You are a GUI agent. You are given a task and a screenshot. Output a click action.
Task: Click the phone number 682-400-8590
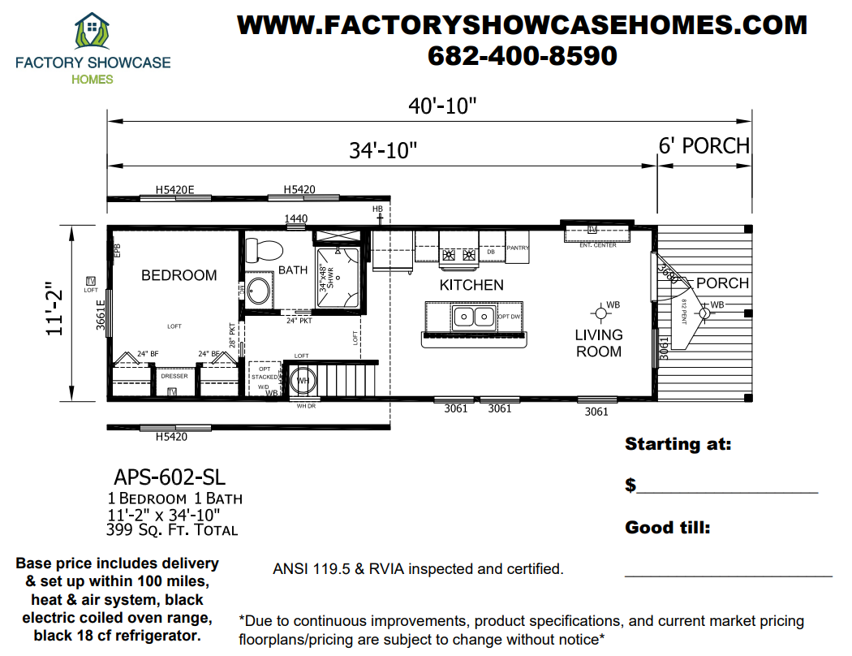pyautogui.click(x=522, y=55)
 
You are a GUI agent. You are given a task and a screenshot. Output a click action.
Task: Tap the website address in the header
pyautogui.click(x=522, y=24)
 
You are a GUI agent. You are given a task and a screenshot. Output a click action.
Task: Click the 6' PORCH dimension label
pyautogui.click(x=704, y=146)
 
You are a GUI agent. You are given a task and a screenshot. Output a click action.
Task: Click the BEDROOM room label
pyautogui.click(x=179, y=275)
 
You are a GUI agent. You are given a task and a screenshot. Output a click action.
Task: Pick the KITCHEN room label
pyautogui.click(x=471, y=285)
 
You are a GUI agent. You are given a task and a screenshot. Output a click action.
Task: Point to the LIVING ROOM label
pyautogui.click(x=599, y=343)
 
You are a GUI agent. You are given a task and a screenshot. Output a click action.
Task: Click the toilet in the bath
pyautogui.click(x=262, y=248)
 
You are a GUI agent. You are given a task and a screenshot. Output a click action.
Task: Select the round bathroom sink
pyautogui.click(x=260, y=291)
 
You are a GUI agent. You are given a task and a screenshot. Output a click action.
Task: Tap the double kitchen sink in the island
pyautogui.click(x=465, y=316)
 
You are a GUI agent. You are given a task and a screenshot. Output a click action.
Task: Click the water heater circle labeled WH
pyautogui.click(x=302, y=380)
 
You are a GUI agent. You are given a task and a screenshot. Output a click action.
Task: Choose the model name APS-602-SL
pyautogui.click(x=170, y=476)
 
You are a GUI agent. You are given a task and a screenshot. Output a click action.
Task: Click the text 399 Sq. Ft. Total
pyautogui.click(x=172, y=530)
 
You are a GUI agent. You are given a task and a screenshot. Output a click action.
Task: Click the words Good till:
pyautogui.click(x=668, y=528)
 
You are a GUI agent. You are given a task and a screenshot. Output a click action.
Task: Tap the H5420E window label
pyautogui.click(x=176, y=190)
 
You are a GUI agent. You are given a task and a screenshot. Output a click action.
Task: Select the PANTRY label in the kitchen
pyautogui.click(x=518, y=248)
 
